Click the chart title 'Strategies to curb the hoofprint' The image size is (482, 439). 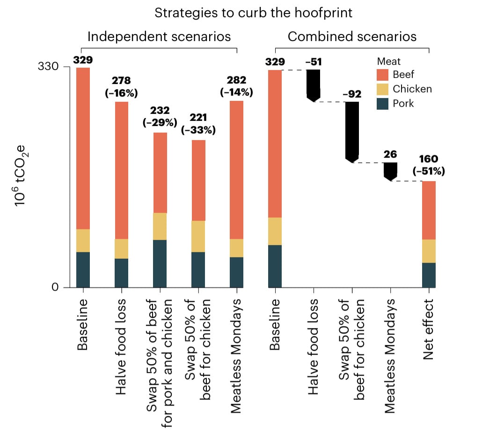click(253, 13)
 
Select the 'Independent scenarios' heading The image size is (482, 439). click(159, 36)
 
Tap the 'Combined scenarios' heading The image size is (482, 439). click(352, 36)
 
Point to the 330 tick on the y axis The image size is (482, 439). click(48, 67)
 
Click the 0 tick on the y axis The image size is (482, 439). click(55, 287)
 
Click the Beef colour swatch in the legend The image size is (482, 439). click(382, 74)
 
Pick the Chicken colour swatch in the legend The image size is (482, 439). click(382, 89)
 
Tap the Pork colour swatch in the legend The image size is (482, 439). click(382, 103)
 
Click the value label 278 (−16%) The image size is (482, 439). click(122, 86)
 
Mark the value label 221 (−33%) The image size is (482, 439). click(198, 124)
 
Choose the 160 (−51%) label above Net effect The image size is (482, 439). click(429, 165)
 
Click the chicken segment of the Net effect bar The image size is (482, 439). click(429, 251)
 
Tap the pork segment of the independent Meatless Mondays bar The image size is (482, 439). click(237, 272)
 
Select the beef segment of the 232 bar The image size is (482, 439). click(160, 173)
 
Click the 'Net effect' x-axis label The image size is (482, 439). click(428, 330)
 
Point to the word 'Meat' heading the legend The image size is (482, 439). click(388, 61)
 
